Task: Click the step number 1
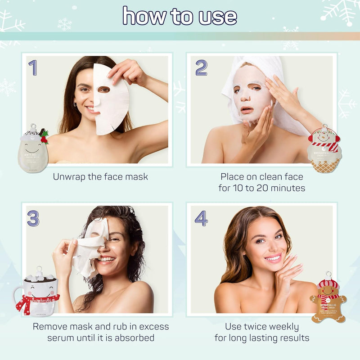point(32,67)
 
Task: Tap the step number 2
point(201,67)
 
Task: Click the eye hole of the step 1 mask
point(104,90)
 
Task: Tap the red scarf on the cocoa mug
point(27,302)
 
